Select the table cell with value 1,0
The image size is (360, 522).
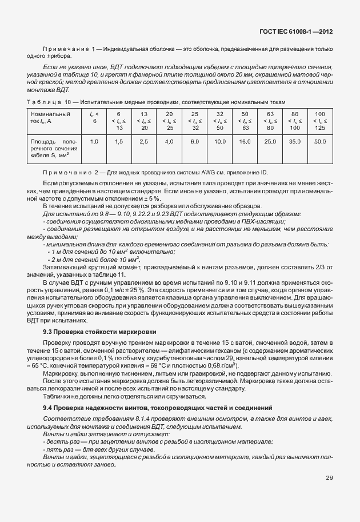coord(95,141)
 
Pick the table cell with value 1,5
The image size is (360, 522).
coord(119,141)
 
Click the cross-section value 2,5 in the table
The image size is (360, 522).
coord(144,141)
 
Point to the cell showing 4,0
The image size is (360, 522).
coord(169,141)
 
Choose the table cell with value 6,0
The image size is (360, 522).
coord(194,141)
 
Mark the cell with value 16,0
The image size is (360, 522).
coord(245,141)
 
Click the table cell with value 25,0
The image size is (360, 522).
coord(270,141)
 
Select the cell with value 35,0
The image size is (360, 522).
coord(295,141)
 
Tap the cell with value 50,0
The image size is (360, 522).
coord(319,141)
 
